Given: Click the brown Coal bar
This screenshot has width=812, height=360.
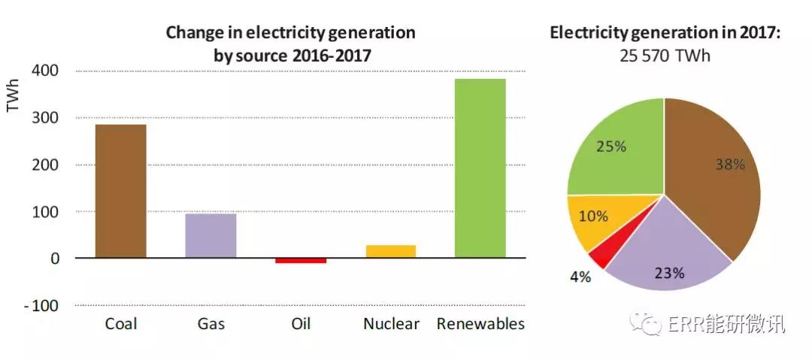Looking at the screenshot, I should point(120,191).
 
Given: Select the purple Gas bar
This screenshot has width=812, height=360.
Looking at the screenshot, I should point(211,235).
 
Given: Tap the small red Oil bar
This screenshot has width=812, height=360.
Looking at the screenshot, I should point(301,260).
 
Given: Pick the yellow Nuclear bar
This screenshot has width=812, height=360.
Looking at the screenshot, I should point(391,251).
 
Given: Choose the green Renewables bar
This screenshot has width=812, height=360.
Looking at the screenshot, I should point(480,168).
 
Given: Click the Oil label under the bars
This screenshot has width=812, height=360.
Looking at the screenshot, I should point(301,325).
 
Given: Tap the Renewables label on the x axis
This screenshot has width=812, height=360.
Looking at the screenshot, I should point(480,325).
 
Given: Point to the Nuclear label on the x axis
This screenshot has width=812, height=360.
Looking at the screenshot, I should point(391,325).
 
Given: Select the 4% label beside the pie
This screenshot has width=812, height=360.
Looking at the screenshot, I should point(580,277).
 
